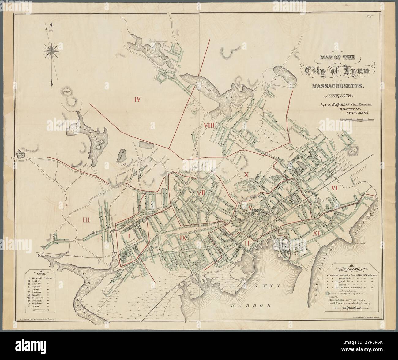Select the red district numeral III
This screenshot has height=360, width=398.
point(86,219)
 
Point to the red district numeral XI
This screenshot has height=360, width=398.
point(317,234)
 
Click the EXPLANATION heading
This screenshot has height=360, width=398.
point(351,270)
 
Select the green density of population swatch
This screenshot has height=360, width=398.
point(328,293)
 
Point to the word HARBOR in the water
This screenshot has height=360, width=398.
point(251,306)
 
